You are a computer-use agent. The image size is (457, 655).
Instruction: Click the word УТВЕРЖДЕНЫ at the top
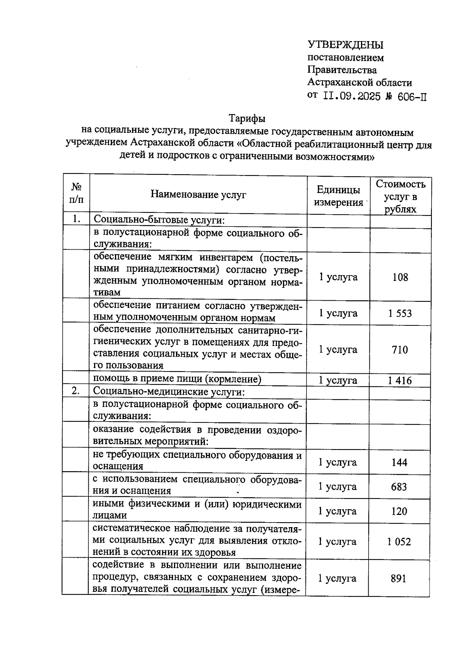click(x=345, y=45)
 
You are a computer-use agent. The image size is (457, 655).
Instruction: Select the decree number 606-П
click(x=412, y=97)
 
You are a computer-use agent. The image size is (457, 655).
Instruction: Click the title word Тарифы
click(x=247, y=118)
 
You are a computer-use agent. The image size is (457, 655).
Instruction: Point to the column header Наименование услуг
click(x=198, y=194)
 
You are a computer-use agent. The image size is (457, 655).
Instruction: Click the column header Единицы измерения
click(x=338, y=196)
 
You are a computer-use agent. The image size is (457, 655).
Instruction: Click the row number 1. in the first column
click(x=76, y=219)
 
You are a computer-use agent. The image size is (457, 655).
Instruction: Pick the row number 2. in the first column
click(x=76, y=391)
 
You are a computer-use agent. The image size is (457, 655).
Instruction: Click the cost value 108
click(x=400, y=277)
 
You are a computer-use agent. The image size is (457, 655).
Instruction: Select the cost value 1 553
click(x=400, y=313)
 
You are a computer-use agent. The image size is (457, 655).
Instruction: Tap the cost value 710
click(x=400, y=349)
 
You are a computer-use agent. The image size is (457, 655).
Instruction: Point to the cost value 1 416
click(x=399, y=380)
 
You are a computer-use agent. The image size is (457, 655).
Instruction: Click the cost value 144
click(x=399, y=462)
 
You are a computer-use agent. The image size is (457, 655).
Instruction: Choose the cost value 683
click(x=399, y=487)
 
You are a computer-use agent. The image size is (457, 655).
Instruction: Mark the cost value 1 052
click(x=399, y=542)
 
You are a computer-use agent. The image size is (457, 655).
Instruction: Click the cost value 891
click(x=398, y=579)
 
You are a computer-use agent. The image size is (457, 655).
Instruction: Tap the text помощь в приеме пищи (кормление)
click(x=177, y=379)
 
